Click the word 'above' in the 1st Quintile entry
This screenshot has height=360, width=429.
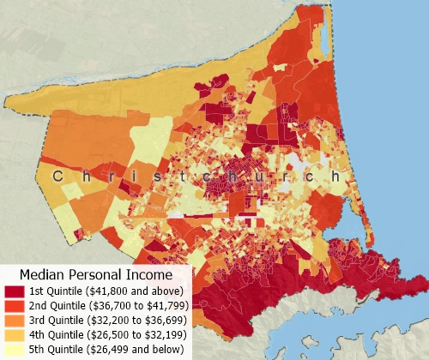(x=160, y=292)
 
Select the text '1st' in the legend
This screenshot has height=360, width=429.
(x=38, y=292)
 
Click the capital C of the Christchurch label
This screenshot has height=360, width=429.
(x=57, y=176)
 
